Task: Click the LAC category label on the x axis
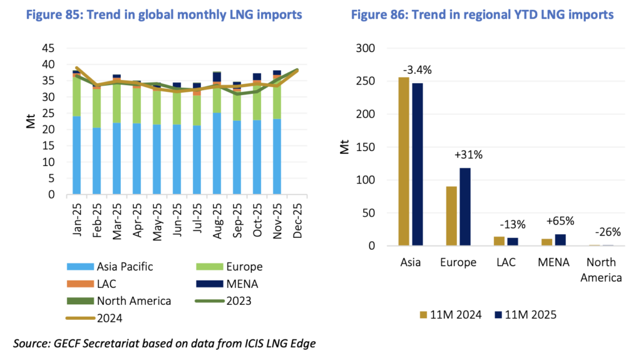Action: pos(506,262)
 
